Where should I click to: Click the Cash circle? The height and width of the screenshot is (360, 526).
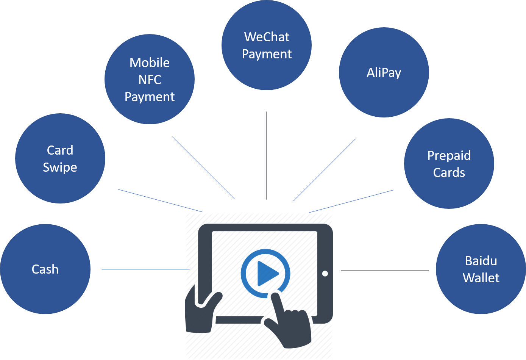[45, 269]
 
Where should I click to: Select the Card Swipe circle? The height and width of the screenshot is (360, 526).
[60, 158]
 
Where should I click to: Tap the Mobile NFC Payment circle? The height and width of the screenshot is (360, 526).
[150, 79]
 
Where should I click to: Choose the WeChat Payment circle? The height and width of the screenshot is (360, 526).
[267, 45]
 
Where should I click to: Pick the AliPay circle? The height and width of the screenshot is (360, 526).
[384, 72]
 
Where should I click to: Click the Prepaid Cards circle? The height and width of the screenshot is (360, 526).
[449, 164]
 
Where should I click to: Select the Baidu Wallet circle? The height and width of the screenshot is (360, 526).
[481, 269]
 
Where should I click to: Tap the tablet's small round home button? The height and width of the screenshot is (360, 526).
[325, 274]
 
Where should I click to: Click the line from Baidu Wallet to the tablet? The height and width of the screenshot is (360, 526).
[384, 270]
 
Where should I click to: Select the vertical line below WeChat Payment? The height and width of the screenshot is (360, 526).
[267, 155]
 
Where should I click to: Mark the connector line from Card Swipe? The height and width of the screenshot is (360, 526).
[161, 201]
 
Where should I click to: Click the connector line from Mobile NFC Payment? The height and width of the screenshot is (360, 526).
[203, 168]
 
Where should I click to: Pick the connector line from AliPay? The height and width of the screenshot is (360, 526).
[324, 170]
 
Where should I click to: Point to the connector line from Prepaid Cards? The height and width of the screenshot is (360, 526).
[351, 201]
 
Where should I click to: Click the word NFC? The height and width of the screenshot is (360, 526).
[150, 80]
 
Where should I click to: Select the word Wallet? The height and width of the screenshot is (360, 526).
[481, 278]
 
